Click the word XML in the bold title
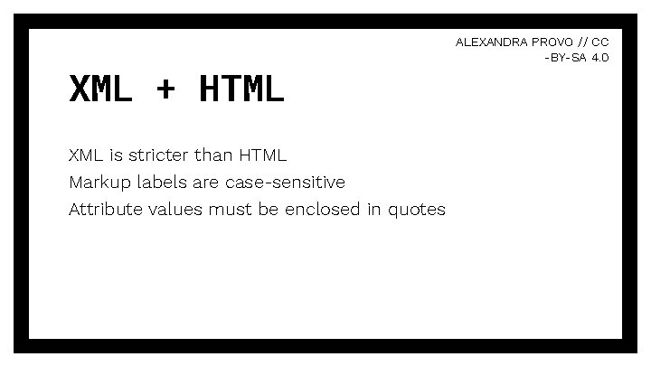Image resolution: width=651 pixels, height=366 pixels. [x=100, y=89]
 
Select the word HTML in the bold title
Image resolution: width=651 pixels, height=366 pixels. [x=241, y=89]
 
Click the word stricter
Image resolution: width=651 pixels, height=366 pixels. [x=159, y=155]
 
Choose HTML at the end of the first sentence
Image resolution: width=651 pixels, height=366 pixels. [x=263, y=155]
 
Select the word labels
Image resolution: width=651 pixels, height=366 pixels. [x=161, y=182]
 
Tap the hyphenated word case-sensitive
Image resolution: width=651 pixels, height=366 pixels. [x=285, y=182]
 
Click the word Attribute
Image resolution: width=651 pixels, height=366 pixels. [x=103, y=210]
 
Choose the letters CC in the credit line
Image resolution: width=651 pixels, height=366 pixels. [x=600, y=42]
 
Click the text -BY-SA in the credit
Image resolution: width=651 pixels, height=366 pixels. [x=566, y=57]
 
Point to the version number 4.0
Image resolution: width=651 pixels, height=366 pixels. [x=599, y=57]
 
